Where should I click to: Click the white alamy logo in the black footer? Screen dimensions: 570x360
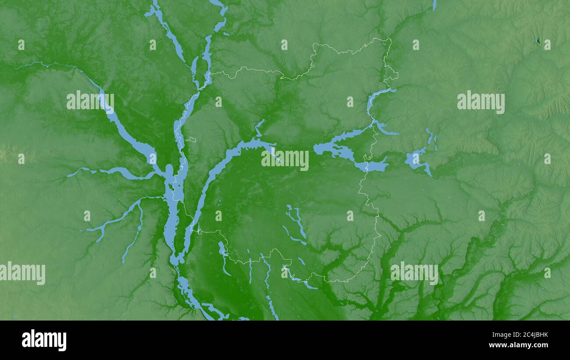44,340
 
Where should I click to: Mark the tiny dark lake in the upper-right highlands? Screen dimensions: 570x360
538,41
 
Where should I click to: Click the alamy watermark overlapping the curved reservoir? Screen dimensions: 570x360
285,160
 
